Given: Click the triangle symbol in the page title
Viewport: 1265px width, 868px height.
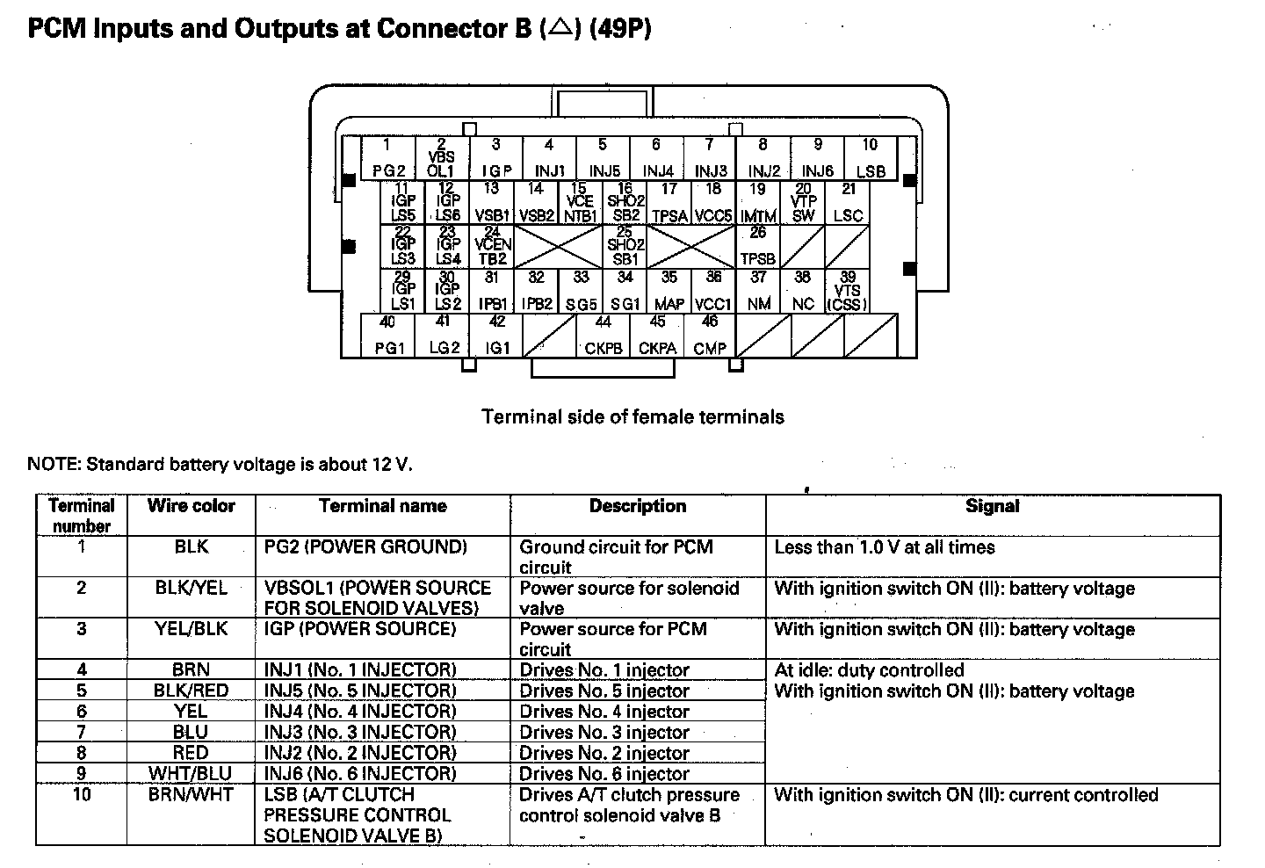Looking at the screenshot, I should coord(558,29).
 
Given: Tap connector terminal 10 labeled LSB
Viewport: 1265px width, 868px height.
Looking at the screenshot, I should coord(870,158).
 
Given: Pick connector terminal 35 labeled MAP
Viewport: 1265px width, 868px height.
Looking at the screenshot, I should coord(669,291).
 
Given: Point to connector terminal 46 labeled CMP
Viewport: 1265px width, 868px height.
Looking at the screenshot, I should coord(710,336).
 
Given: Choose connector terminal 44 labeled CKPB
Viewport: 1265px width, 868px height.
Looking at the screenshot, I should coord(604,336).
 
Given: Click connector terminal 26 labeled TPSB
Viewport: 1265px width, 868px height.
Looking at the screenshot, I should coord(758,247).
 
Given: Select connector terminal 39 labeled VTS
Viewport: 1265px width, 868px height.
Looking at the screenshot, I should coord(848,291).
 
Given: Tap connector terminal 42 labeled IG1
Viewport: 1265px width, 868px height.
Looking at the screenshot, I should coord(496,336).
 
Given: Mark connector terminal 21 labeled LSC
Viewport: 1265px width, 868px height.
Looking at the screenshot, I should coord(848,202).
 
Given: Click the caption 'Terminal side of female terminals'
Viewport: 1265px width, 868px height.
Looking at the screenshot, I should coord(632,416).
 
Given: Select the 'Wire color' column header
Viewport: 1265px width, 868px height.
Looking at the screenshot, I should coord(192,506).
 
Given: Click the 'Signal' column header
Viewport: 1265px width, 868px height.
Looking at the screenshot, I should coord(993,506).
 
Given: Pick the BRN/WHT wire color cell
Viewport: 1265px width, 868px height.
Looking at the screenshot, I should coord(192,795).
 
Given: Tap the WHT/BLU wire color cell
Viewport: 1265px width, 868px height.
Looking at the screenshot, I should coord(192,774).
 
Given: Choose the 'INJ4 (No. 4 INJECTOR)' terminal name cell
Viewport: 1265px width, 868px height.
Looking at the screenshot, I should coord(360,712).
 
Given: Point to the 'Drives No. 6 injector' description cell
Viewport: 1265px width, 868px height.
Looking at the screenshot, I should coord(604,774).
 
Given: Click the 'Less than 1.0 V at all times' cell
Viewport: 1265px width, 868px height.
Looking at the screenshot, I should coord(885,547).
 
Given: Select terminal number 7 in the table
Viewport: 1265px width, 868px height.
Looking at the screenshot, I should coord(82,732).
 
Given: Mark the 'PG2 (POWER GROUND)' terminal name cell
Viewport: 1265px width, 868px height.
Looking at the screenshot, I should coord(365,547).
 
